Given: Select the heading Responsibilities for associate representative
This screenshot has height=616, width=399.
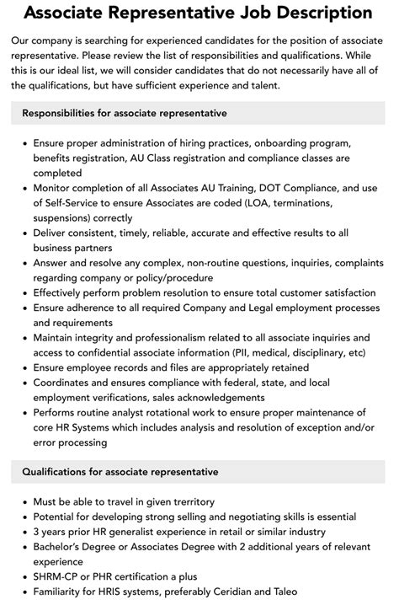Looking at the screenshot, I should click(125, 113).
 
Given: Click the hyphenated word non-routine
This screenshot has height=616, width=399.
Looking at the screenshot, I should click(229, 263).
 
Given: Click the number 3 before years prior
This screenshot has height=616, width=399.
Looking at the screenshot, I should click(37, 531).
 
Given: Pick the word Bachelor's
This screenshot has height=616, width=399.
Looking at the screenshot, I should click(61, 546).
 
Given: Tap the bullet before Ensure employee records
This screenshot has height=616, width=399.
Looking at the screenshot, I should click(23, 368).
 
